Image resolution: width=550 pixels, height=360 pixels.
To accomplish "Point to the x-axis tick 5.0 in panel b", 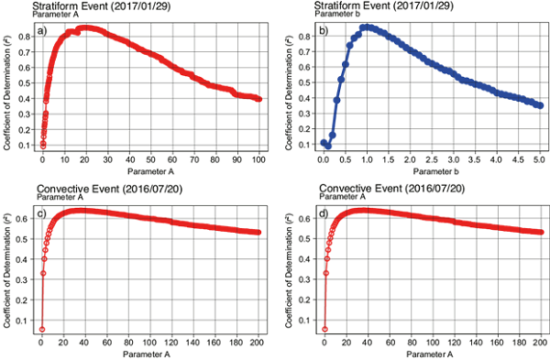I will click(539, 158).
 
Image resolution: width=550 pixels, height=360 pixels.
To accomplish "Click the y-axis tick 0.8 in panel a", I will click(28, 36).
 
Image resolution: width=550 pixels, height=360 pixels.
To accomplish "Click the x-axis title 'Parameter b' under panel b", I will click(431, 170).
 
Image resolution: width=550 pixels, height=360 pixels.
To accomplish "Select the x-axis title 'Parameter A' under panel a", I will click(150, 170).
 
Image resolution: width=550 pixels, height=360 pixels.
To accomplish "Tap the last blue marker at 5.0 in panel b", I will click(540, 105).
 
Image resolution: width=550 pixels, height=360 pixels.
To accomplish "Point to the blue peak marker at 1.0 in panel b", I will click(366, 27).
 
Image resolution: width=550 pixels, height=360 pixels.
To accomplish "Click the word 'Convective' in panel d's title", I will click(343, 190).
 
